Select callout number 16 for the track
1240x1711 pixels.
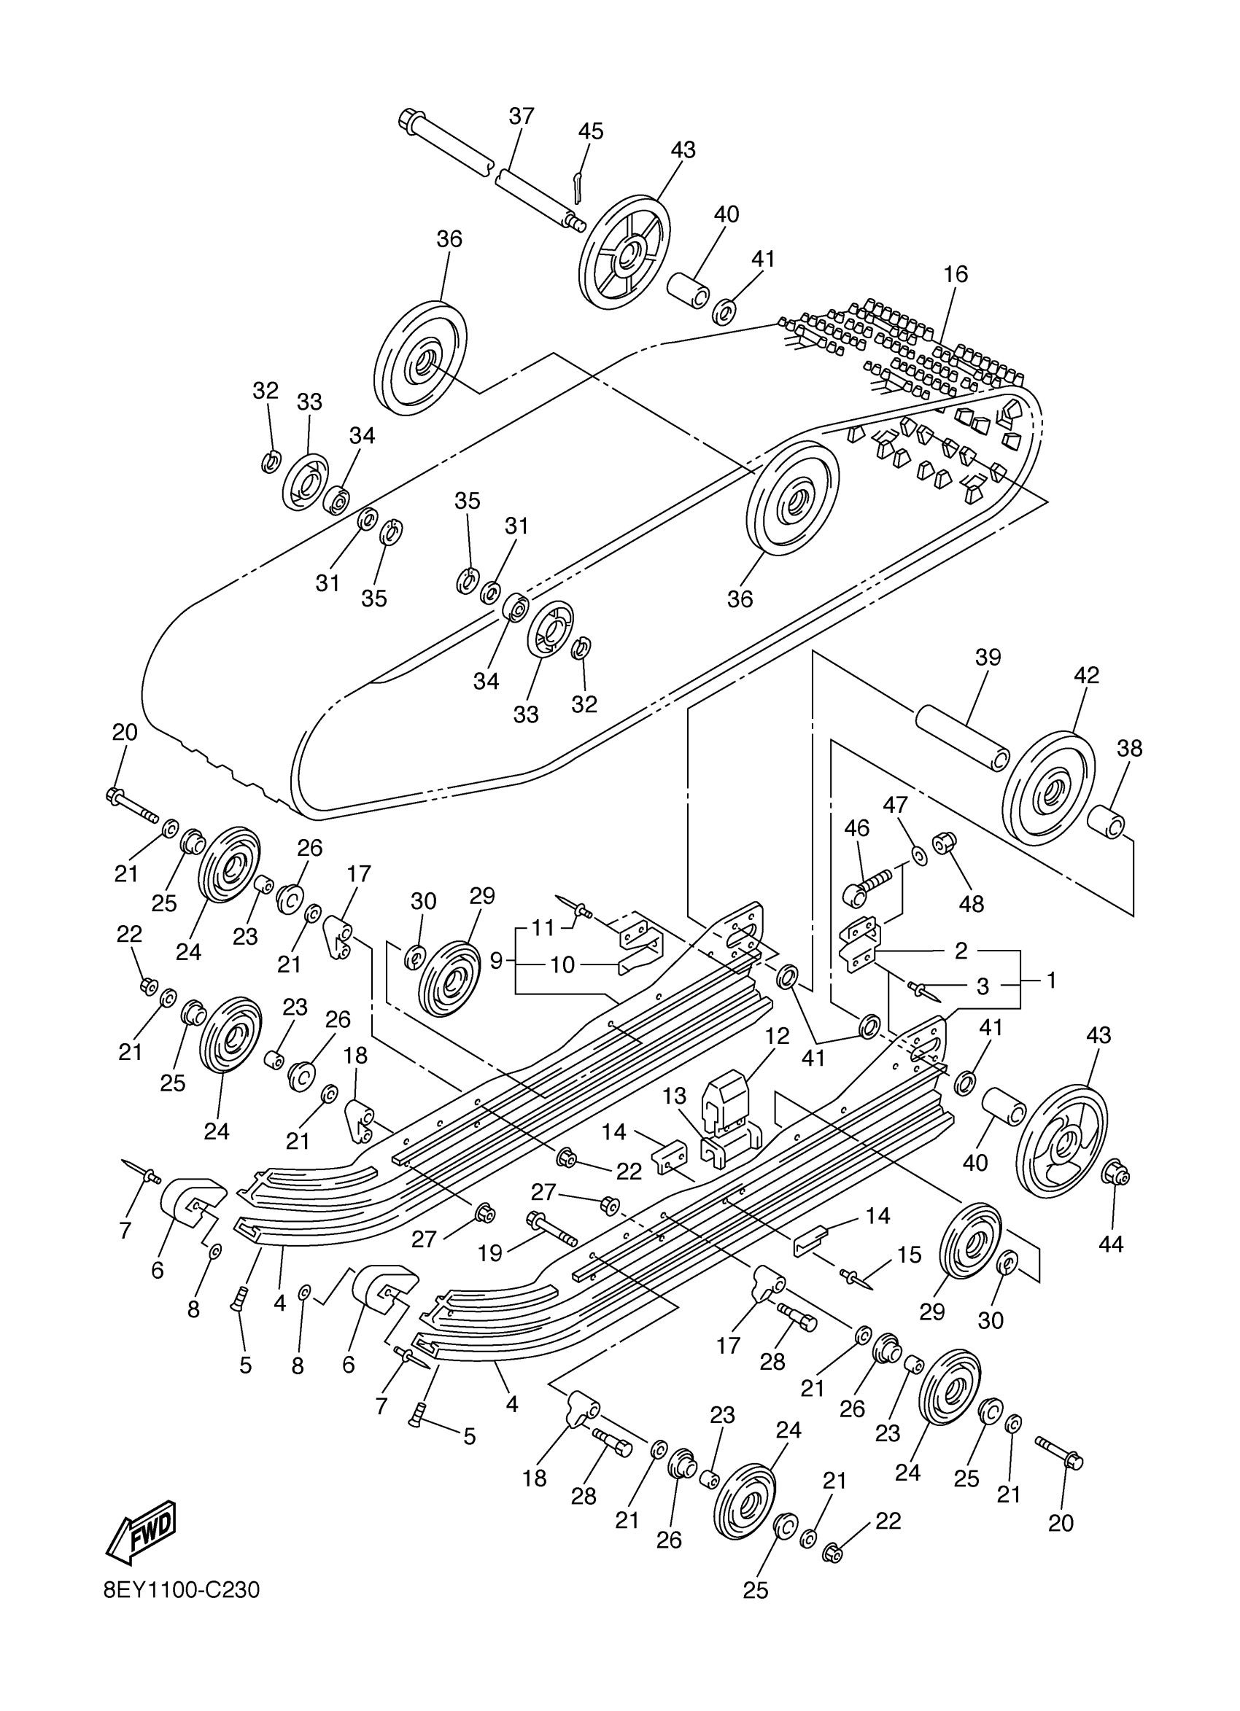[x=956, y=274]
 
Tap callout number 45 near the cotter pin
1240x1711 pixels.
[x=590, y=131]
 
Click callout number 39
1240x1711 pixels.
[x=987, y=658]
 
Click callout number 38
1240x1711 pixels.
[x=1129, y=749]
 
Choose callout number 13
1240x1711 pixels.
[x=675, y=1095]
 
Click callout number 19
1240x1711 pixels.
[x=490, y=1254]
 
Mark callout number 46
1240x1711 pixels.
[x=856, y=828]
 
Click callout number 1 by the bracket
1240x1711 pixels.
[x=1050, y=980]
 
